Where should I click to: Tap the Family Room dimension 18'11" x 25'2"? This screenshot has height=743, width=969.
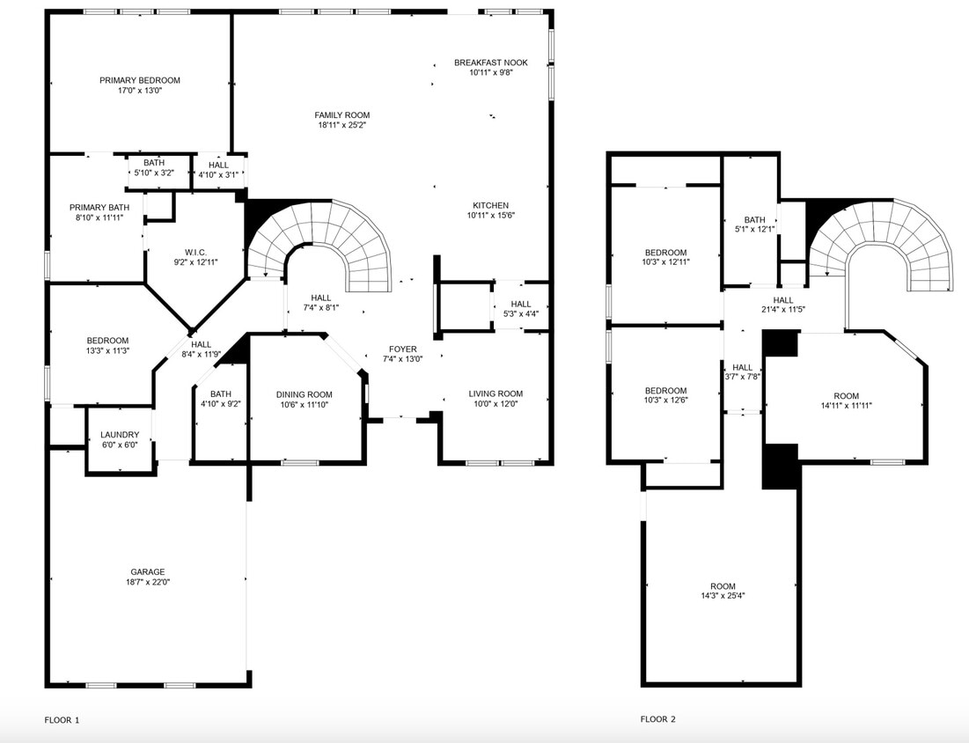click(342, 125)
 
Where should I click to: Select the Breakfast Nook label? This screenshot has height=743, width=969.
click(490, 63)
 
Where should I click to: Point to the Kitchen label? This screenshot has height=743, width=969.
click(490, 205)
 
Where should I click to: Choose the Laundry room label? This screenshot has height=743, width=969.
click(120, 435)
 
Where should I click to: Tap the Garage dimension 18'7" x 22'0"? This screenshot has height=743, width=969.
click(148, 582)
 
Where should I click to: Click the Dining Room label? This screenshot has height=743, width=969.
click(305, 394)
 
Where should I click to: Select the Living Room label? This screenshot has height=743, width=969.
click(496, 394)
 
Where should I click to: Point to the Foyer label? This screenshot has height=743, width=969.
click(403, 349)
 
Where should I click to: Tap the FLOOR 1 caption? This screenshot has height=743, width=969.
click(62, 720)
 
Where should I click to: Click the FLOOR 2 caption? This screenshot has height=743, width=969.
click(657, 719)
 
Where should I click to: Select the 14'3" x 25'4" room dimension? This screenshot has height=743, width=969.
click(723, 596)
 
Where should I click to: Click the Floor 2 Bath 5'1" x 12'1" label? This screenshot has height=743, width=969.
click(754, 220)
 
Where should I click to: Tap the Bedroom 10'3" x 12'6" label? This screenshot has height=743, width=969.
click(665, 391)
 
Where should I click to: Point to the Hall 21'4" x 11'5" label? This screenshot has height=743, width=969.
click(782, 300)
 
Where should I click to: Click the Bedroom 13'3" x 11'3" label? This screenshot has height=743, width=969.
click(107, 341)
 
